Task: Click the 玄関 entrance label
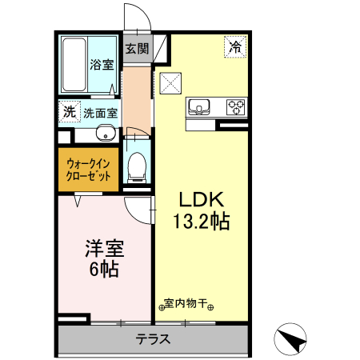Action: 137,48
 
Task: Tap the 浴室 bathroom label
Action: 101,65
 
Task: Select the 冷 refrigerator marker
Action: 235,47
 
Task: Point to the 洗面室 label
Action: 100,113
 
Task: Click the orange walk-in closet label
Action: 88,169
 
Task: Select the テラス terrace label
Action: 152,338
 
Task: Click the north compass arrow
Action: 292,341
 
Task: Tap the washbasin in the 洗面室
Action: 104,133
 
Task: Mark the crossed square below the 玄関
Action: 170,82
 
